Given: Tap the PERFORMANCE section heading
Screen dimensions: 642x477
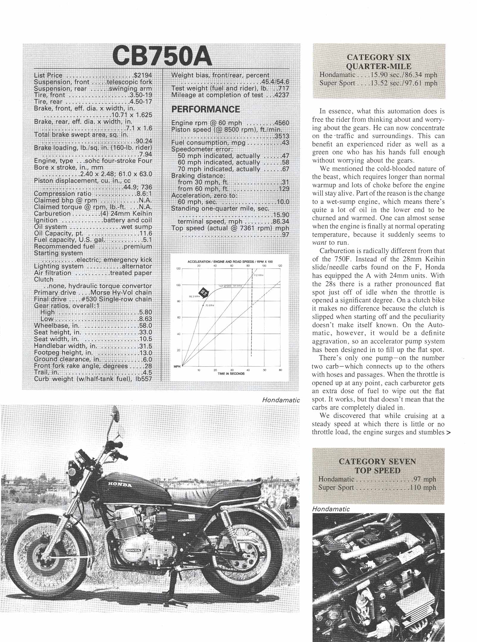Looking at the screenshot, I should pos(205,109).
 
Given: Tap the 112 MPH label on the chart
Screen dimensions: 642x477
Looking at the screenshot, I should pos(258,275).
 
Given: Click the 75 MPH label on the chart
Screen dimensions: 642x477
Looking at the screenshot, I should pos(209,305).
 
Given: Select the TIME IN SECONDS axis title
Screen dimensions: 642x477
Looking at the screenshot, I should pos(231,374).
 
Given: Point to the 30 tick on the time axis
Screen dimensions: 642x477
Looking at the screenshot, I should pos(232,370).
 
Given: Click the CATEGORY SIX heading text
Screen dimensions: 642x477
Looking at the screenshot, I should pos(378,57).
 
